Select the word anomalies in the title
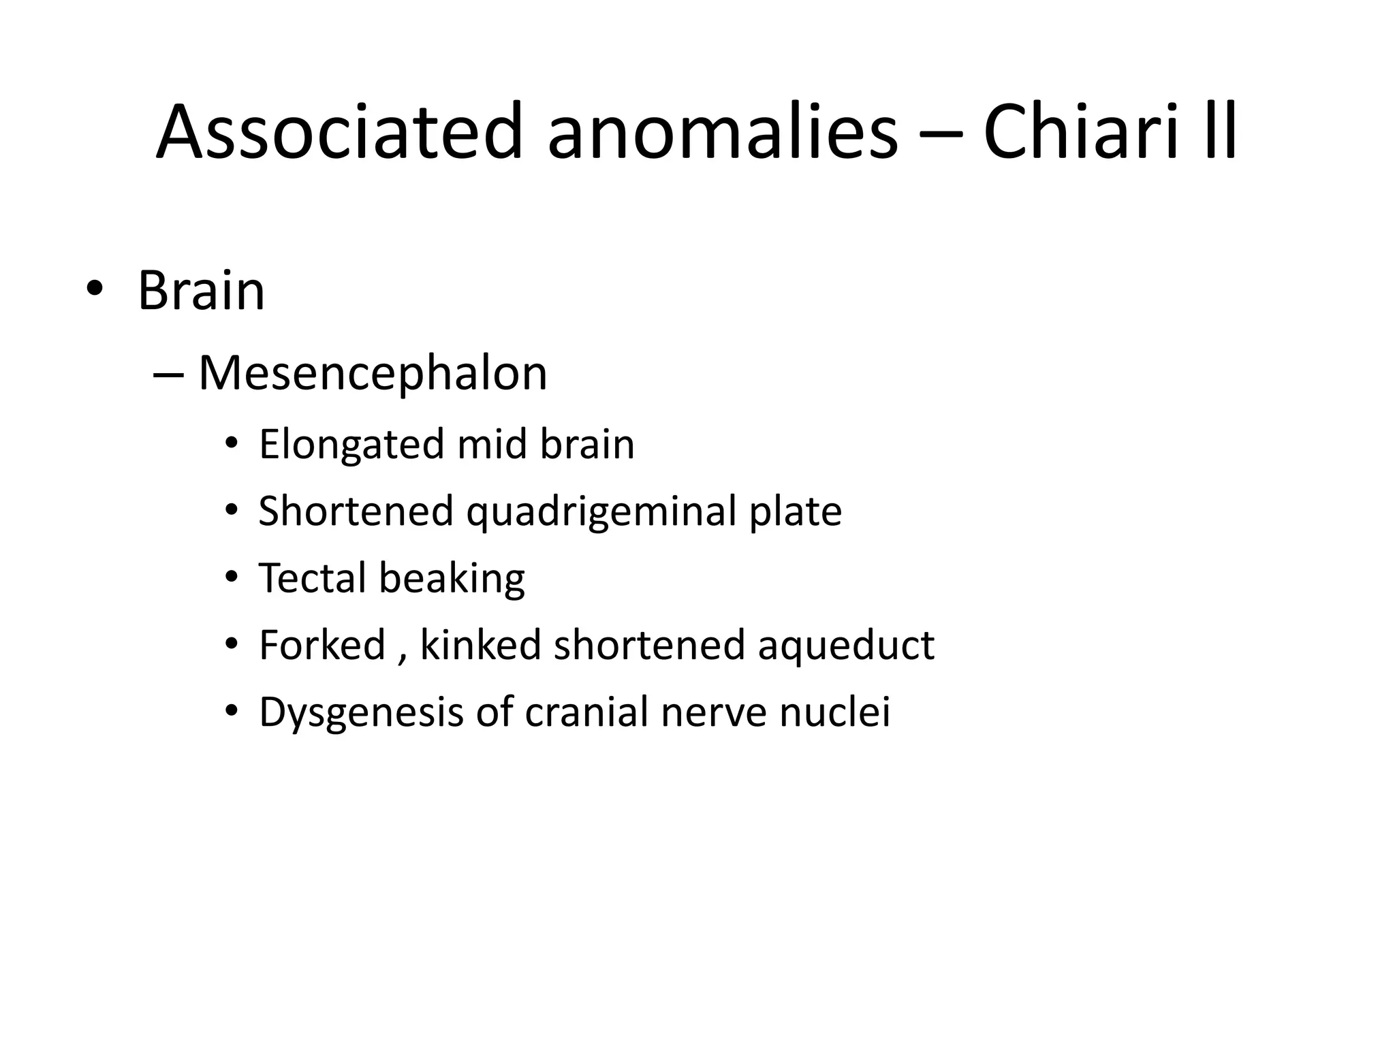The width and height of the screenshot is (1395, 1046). click(722, 131)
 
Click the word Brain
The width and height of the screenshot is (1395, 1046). click(201, 291)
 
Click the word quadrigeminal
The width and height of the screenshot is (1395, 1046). click(601, 512)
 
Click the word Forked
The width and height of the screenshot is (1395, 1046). click(322, 645)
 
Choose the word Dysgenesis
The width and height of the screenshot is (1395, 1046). click(361, 713)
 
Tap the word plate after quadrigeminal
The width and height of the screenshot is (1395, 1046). click(795, 512)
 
